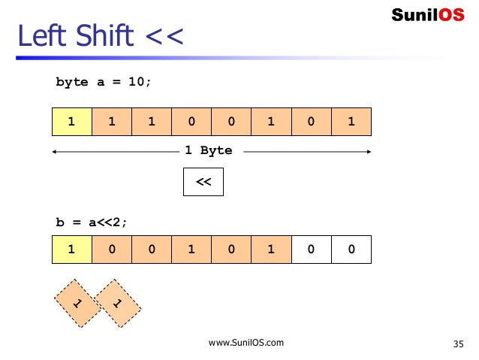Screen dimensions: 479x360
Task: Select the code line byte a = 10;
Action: click(103, 82)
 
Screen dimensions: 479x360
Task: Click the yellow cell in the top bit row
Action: click(71, 121)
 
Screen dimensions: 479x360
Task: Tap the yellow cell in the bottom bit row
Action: click(71, 249)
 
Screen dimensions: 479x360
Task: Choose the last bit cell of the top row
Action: click(351, 121)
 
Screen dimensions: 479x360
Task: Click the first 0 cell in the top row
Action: click(191, 121)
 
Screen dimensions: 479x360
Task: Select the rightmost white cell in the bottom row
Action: click(351, 249)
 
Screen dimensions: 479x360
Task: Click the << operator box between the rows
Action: click(203, 182)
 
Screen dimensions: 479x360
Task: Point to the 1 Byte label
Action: click(209, 150)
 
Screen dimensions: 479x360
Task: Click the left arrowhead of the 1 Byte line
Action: click(54, 151)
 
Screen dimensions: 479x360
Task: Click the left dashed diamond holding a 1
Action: click(77, 303)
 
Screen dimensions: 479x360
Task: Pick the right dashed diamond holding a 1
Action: click(118, 303)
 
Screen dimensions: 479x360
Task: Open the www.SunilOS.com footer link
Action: click(246, 343)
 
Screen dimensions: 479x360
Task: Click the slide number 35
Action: click(459, 344)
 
